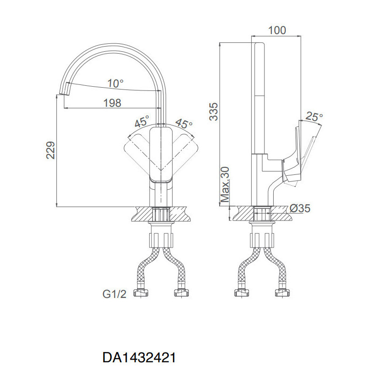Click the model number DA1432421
[x=139, y=357]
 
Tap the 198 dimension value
[x=112, y=103]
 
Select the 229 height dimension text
[x=50, y=150]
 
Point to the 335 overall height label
[x=214, y=111]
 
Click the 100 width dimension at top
[x=277, y=30]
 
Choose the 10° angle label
[x=116, y=83]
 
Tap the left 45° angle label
[x=142, y=121]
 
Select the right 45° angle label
[x=184, y=123]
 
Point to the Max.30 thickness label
[x=225, y=185]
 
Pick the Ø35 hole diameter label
[x=300, y=208]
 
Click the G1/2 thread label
[x=114, y=294]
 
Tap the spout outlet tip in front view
[x=64, y=92]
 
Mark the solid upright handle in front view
[x=161, y=155]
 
